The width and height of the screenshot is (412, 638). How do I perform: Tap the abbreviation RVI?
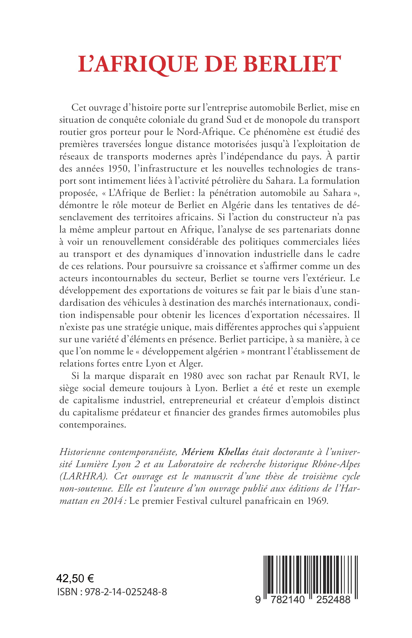pyautogui.click(x=338, y=376)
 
